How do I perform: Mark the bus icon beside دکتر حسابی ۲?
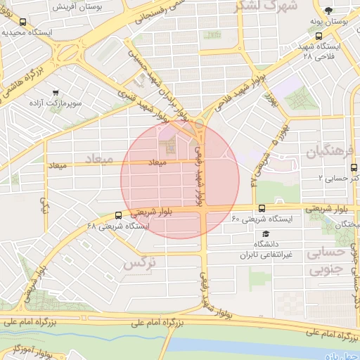tap(353, 168)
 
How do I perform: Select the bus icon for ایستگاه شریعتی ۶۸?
tap(118, 215)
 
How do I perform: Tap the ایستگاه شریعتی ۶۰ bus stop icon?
tap(262, 208)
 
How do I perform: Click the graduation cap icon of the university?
tap(266, 233)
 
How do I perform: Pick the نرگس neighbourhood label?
tap(138, 264)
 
